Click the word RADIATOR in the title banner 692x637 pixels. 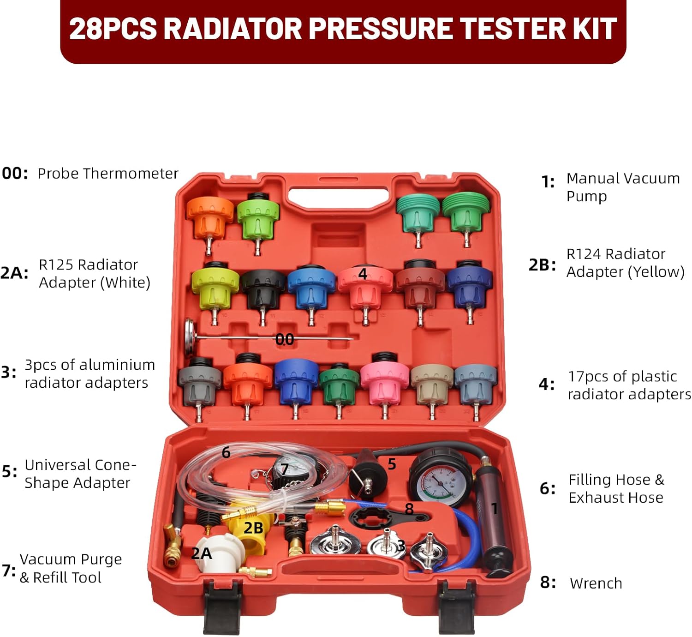tap(233, 29)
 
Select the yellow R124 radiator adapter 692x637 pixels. tap(252, 531)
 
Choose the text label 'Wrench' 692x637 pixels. tap(596, 583)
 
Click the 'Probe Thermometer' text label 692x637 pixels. tap(107, 174)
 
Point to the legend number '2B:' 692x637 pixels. tap(542, 265)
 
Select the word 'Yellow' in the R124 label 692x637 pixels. tap(655, 272)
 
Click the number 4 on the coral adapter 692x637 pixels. tap(363, 274)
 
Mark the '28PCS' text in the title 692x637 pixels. tap(113, 29)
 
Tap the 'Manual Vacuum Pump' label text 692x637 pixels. tap(622, 187)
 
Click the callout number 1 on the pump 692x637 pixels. tap(495, 509)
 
